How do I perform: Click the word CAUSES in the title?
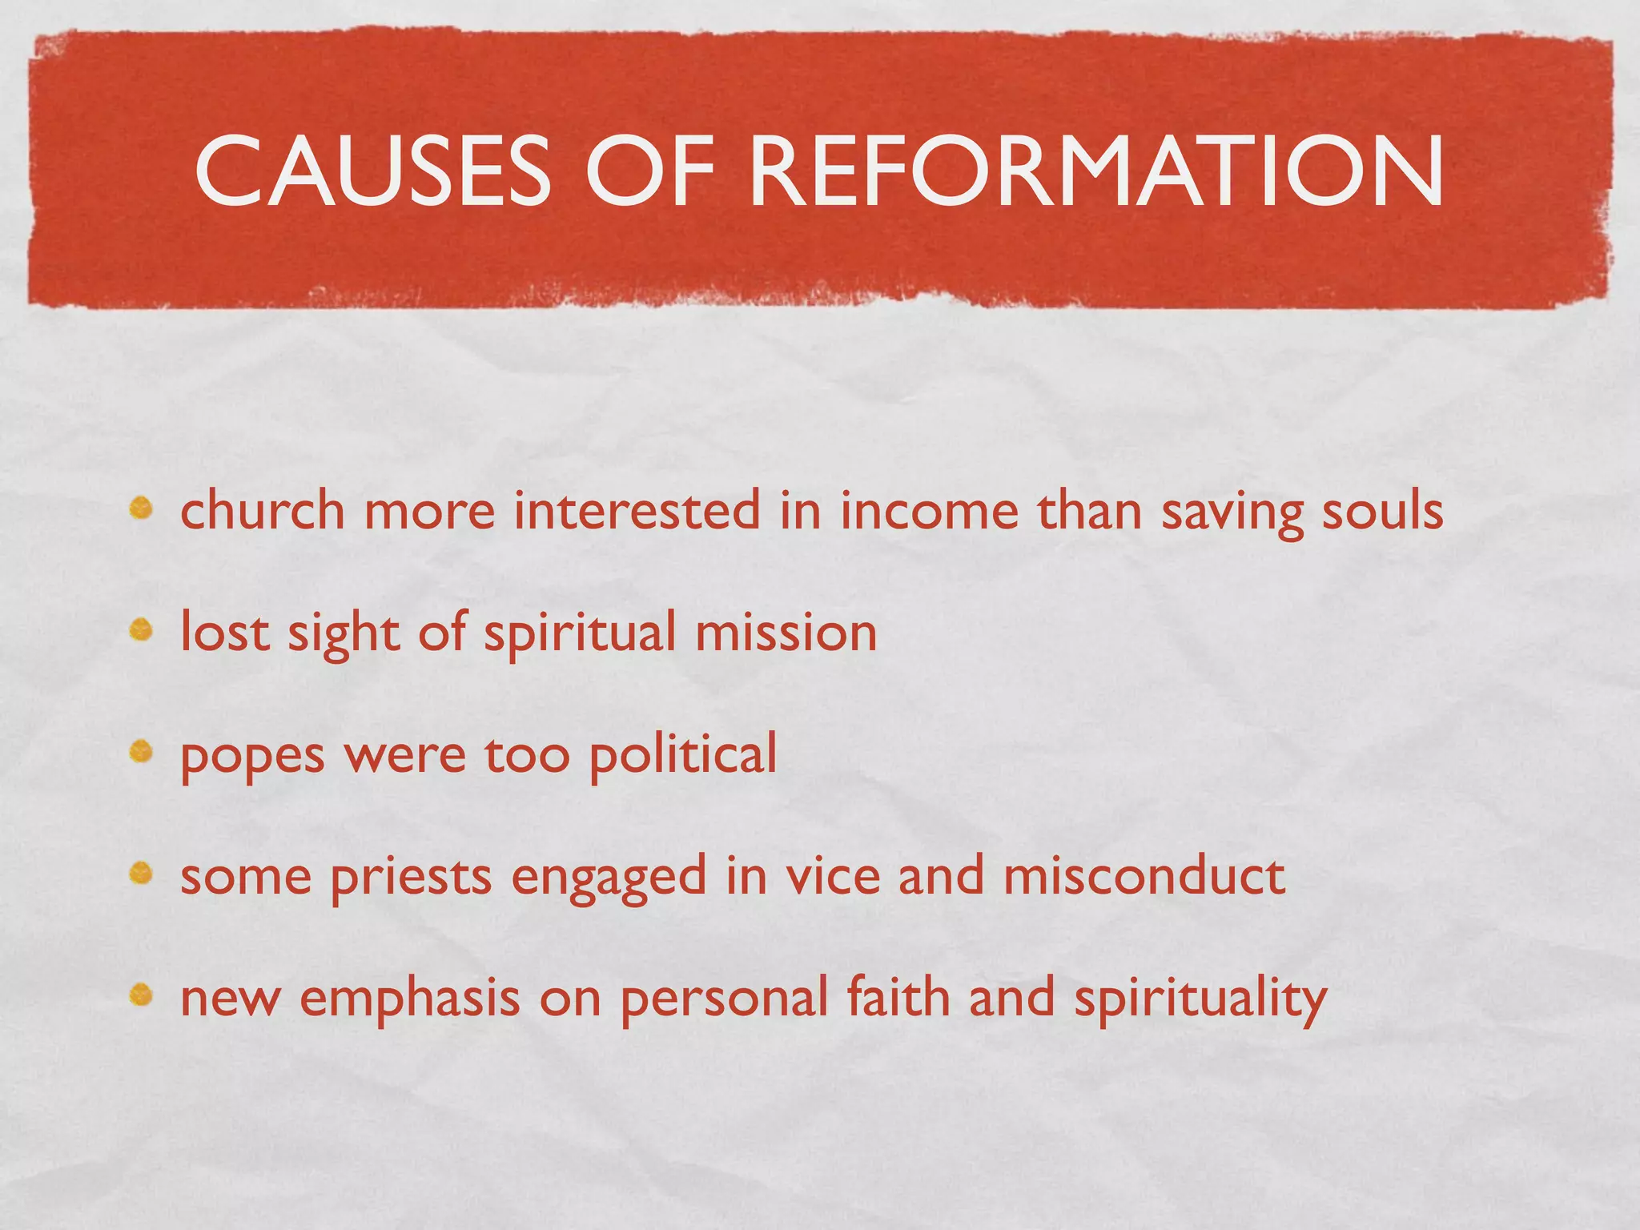click(373, 171)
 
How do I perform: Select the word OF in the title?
click(649, 171)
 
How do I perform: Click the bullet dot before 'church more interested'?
click(142, 508)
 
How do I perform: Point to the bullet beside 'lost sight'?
click(142, 631)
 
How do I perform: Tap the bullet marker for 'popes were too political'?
click(142, 752)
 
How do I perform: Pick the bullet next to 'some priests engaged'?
click(142, 874)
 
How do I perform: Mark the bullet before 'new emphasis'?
click(142, 995)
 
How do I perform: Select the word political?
click(683, 754)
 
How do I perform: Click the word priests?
click(411, 878)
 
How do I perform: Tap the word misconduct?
click(1144, 876)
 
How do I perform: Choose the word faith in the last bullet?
click(898, 998)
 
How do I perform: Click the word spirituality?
click(1200, 999)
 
